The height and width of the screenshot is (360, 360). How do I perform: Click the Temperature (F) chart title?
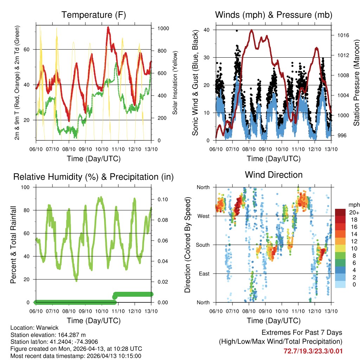(x=94, y=15)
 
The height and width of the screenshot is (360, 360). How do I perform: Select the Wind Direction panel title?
(x=274, y=175)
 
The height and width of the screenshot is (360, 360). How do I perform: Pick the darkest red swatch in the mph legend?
(x=340, y=212)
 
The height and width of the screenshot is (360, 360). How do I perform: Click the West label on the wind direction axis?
(x=204, y=216)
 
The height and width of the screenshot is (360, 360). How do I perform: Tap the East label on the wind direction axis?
(x=204, y=274)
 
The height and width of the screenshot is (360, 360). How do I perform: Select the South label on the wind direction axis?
(x=203, y=245)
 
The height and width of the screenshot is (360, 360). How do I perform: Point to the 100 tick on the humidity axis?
(x=26, y=187)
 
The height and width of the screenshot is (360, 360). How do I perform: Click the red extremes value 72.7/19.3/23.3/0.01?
(x=313, y=351)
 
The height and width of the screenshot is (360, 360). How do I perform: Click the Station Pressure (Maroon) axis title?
(x=356, y=83)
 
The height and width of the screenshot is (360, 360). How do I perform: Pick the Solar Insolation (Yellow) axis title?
(x=175, y=83)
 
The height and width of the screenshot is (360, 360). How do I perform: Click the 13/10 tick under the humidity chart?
(x=152, y=311)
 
